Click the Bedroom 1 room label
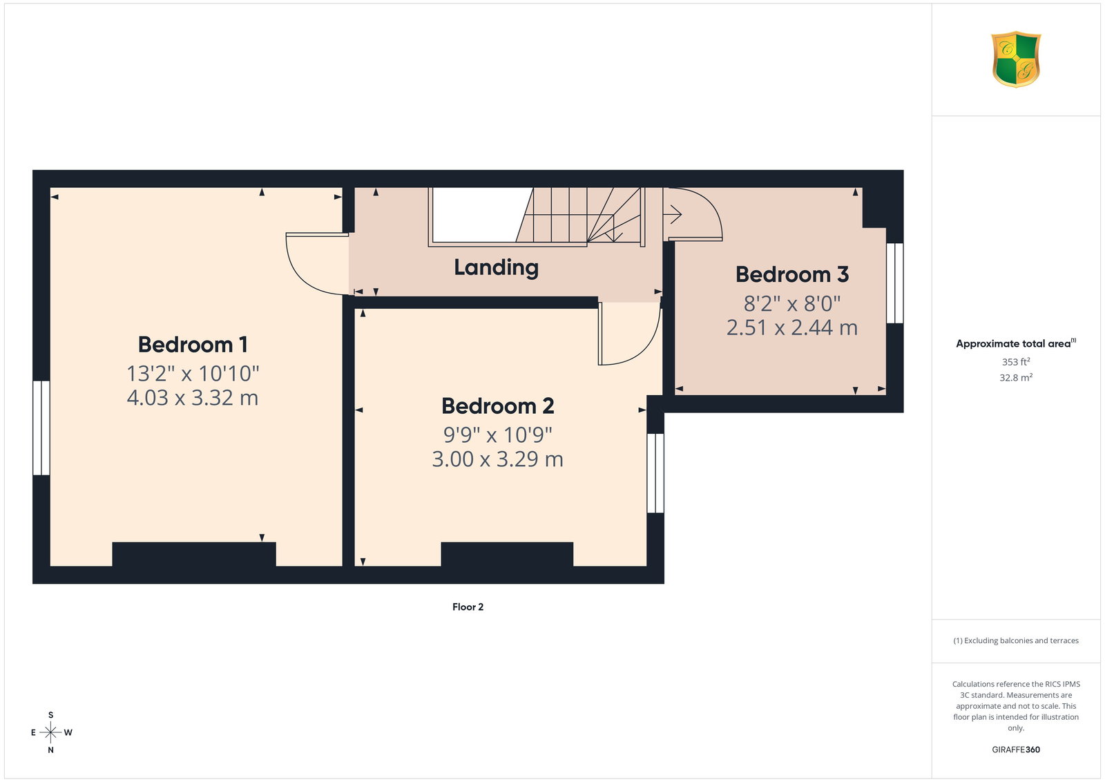[x=193, y=345]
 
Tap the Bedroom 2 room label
[x=498, y=406]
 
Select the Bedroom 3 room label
[x=791, y=274]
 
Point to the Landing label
[x=496, y=268]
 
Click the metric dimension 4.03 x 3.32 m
[x=193, y=398]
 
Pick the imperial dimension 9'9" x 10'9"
[x=498, y=435]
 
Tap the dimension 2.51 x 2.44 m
[x=791, y=327]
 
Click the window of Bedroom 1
[x=41, y=428]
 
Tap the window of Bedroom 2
[x=655, y=473]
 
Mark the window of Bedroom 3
[x=895, y=283]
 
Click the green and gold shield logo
[x=1016, y=59]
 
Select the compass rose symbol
[x=51, y=732]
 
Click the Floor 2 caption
[x=468, y=607]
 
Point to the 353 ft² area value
[x=1016, y=362]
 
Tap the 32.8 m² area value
[x=1016, y=377]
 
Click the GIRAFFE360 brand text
[x=1016, y=750]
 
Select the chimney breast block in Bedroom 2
[x=507, y=554]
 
